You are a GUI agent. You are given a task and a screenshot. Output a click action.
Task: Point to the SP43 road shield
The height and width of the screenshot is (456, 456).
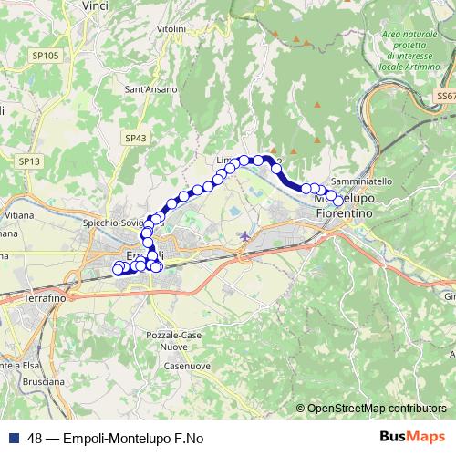click(x=134, y=138)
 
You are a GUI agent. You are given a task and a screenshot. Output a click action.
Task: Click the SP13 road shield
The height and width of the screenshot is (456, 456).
click(x=29, y=161)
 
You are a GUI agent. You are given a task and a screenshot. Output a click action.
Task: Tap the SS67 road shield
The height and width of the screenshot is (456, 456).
click(x=445, y=95)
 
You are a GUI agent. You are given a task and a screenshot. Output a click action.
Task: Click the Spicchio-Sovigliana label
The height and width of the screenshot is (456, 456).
click(x=113, y=223)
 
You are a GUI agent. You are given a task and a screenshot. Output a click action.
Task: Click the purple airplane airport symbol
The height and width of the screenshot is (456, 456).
click(x=244, y=235)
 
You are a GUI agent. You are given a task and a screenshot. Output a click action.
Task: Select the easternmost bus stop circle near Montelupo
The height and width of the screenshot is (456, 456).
click(x=338, y=201)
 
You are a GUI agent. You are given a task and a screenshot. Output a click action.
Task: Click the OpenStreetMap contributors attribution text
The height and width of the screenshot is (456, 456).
click(x=377, y=409)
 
